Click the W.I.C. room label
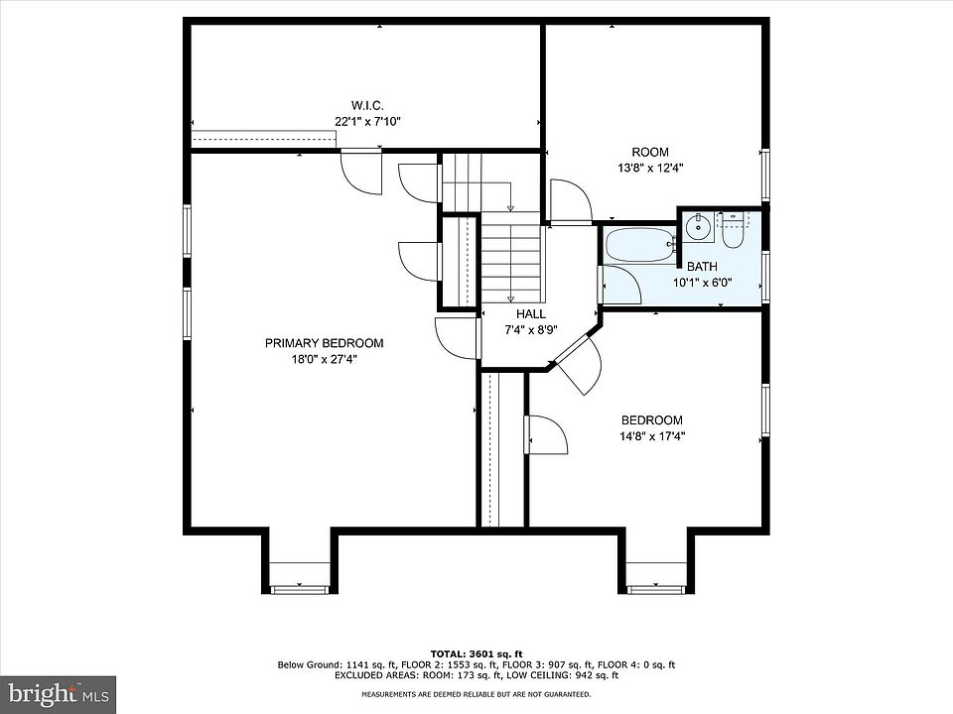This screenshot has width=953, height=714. pos(367,106)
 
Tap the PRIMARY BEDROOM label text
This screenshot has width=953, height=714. pos(324,343)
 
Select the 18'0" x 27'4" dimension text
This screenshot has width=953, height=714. pos(324,359)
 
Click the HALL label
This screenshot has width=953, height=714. pos(530,314)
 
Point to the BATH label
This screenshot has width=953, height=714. pos(702,267)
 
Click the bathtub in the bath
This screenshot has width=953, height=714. pos(640,245)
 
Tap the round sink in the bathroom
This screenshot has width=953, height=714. pos(699,228)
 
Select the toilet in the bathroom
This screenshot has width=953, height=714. pos(732,229)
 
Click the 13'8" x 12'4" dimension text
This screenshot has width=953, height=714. pos(650,169)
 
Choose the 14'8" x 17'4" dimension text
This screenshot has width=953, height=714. pos(652,436)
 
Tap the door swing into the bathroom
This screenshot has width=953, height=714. pos(620,285)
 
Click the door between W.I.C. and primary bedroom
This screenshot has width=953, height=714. pos(361,172)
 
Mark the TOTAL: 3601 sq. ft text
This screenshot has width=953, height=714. pos(476,654)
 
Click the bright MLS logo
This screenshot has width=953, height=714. pos(58,692)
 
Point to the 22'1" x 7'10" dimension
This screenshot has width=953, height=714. pos(367,121)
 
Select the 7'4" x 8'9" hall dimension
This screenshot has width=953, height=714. pos(531,329)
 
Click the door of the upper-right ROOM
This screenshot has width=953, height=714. pos(570,201)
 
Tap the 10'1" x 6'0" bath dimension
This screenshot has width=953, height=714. pos(702,283)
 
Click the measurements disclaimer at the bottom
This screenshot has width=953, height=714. pos(476,694)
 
